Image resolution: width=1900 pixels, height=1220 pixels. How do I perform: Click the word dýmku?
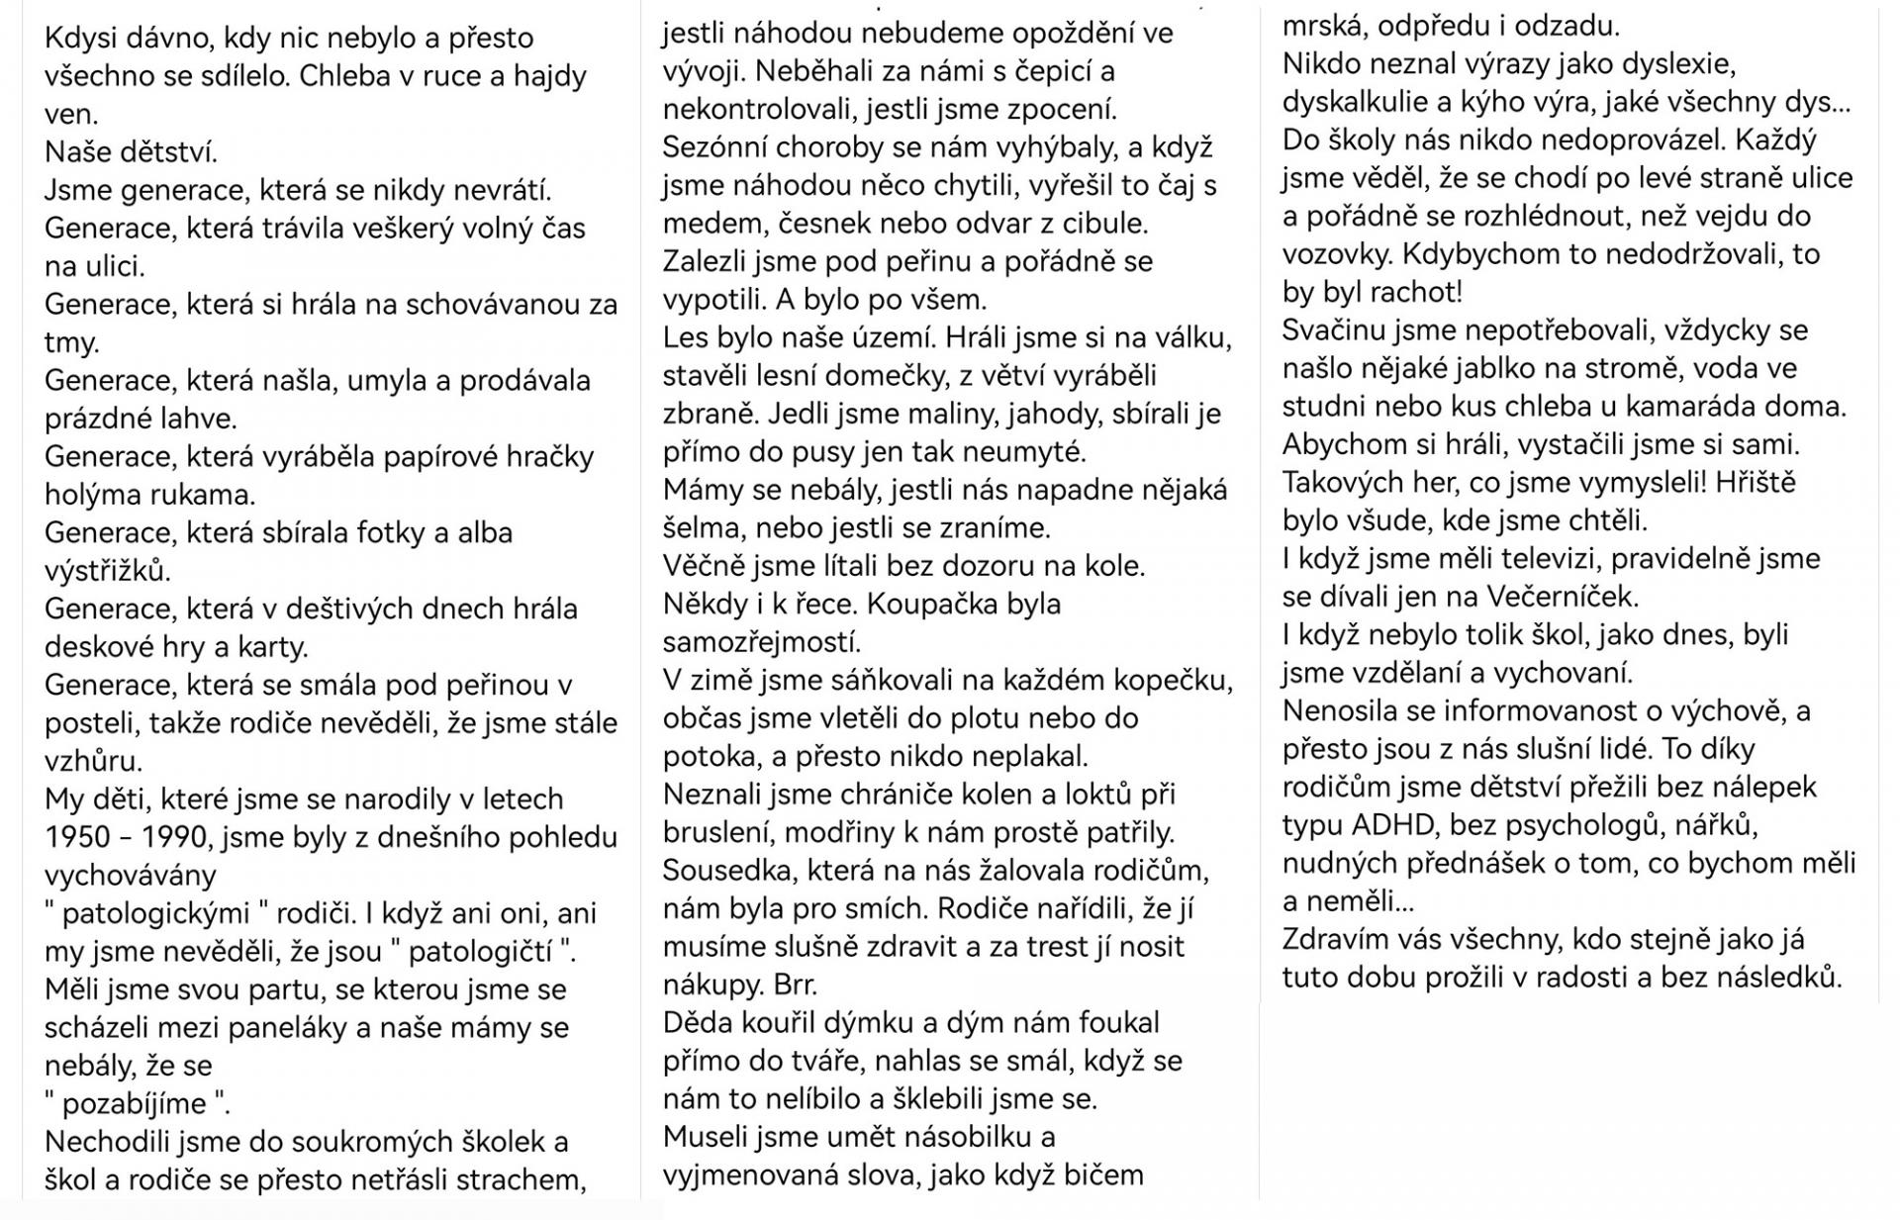click(x=821, y=1022)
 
